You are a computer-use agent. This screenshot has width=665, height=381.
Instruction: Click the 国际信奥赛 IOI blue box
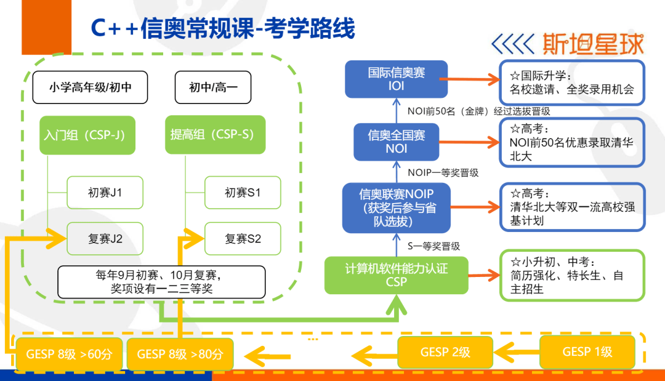coord(396,79)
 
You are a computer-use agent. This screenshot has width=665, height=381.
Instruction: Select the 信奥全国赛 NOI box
coord(396,142)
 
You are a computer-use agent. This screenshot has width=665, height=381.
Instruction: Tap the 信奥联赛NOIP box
coord(396,207)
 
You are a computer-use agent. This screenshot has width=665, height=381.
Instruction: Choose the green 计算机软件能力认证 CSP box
coord(396,275)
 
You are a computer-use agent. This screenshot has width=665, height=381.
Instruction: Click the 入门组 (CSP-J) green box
coord(87,135)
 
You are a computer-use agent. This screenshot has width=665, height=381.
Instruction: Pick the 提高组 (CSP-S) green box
coord(215,134)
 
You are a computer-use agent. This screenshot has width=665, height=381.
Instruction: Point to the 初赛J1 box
coord(105,193)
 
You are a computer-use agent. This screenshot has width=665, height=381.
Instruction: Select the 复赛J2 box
coord(105,239)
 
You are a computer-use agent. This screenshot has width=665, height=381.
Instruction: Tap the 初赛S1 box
coord(243,193)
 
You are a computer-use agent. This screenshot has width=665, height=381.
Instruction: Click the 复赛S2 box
coord(243,239)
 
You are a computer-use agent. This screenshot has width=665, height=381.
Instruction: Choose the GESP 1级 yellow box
coord(587,351)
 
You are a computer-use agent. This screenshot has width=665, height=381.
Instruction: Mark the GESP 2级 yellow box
coord(445,352)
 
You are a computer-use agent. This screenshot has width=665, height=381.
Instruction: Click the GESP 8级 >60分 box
coord(69,354)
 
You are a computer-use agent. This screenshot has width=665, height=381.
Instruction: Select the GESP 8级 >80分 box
coord(180,354)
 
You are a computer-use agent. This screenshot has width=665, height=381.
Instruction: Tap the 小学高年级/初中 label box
coord(90,87)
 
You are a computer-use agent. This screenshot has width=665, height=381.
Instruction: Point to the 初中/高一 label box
coord(213,87)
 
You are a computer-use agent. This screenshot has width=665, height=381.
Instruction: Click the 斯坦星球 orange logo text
coord(594,44)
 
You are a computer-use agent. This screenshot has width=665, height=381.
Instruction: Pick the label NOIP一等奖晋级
coord(443,172)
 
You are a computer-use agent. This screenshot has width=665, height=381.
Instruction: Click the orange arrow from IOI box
coord(470,79)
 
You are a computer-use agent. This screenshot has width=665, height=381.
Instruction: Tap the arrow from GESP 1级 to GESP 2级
coord(517,351)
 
